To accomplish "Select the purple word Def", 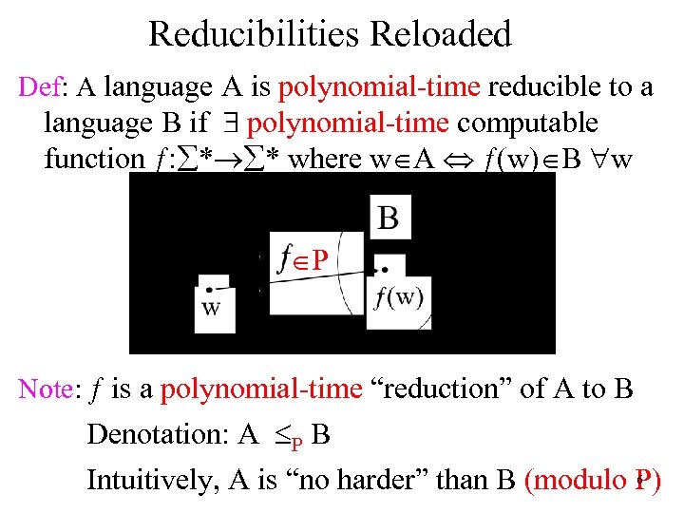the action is coord(39,88).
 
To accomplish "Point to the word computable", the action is coord(529,123).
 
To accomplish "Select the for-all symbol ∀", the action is coord(597,159).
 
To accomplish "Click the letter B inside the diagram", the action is coord(389,218).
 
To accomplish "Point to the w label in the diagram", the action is coord(211,308).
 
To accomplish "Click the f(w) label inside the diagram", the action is coord(399,297).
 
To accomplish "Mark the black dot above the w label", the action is coord(207,288).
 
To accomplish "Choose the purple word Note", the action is coord(45,389).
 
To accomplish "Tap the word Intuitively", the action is coord(151,480).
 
